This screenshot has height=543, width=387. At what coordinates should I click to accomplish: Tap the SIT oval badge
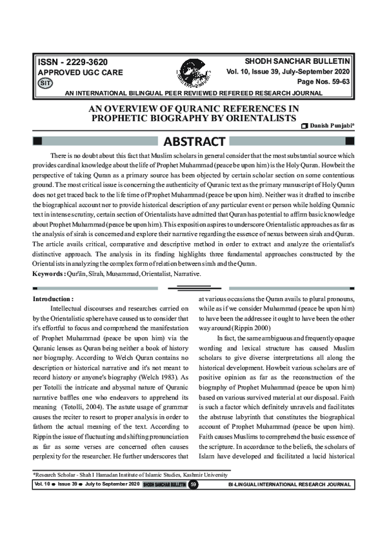(45, 84)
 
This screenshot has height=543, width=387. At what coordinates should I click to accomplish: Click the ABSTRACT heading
(195, 141)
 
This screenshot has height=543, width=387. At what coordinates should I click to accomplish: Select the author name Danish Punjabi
(332, 124)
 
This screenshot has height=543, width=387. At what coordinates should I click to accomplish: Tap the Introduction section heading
(57, 299)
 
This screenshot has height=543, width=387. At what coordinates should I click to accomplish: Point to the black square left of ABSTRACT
(37, 141)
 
